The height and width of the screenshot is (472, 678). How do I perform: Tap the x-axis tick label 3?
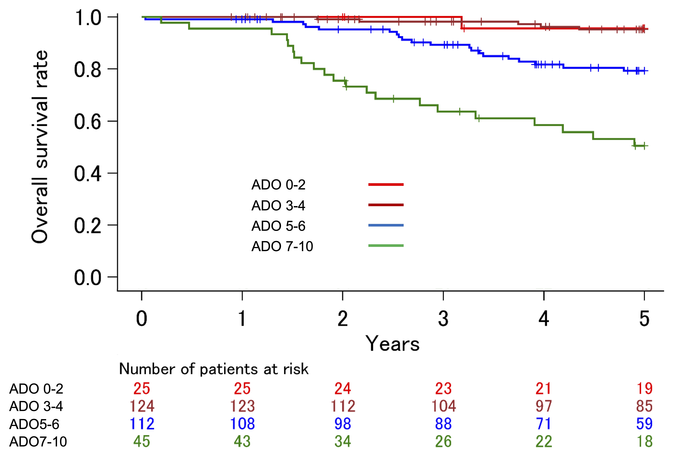443,319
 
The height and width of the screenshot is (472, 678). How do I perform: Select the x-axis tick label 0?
142,319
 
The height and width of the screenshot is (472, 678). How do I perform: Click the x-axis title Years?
392,344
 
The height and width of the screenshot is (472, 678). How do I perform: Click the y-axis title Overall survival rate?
40,147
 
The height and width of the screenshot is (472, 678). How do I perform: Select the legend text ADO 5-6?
278,226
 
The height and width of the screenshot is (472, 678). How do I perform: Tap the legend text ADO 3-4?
278,206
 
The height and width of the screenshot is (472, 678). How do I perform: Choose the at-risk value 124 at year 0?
142,406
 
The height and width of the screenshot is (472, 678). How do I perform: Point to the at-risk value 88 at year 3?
443,424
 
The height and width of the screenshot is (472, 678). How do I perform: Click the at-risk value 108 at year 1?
242,424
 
